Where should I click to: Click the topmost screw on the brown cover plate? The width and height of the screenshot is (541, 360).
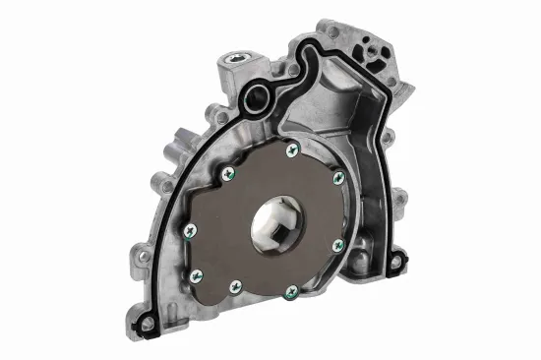coord(291,150)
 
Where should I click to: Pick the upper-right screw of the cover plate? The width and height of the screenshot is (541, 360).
coord(338,178)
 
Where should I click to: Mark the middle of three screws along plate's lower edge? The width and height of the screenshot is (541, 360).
coord(235,287)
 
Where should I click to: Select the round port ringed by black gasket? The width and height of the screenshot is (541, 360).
coord(259,96)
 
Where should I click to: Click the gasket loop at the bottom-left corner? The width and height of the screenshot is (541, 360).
coord(148,322)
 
